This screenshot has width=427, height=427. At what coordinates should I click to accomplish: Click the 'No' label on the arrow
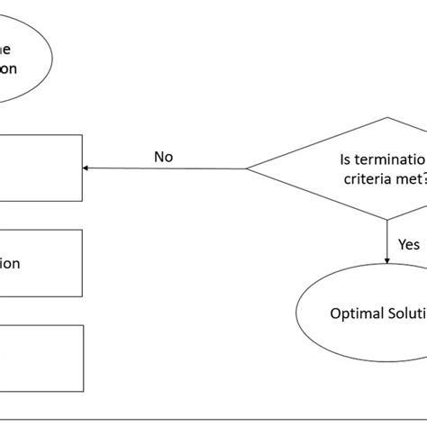coord(163,157)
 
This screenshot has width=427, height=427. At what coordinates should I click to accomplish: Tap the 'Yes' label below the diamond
coord(408,244)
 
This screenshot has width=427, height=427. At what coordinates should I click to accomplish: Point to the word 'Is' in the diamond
coord(347,159)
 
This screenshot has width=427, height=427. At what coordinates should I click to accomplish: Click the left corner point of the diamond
coord(247,168)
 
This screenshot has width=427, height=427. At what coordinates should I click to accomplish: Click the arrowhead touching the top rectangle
coord(86,168)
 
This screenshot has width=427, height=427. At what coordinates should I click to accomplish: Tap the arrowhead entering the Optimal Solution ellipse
coord(387,260)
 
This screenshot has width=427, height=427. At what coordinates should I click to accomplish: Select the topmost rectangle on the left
coord(41,168)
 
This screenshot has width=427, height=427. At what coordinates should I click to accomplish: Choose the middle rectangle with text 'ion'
coord(41,263)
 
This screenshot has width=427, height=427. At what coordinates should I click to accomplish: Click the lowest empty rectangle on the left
coord(41,359)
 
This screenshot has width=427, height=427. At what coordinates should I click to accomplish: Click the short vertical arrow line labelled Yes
coord(387,241)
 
